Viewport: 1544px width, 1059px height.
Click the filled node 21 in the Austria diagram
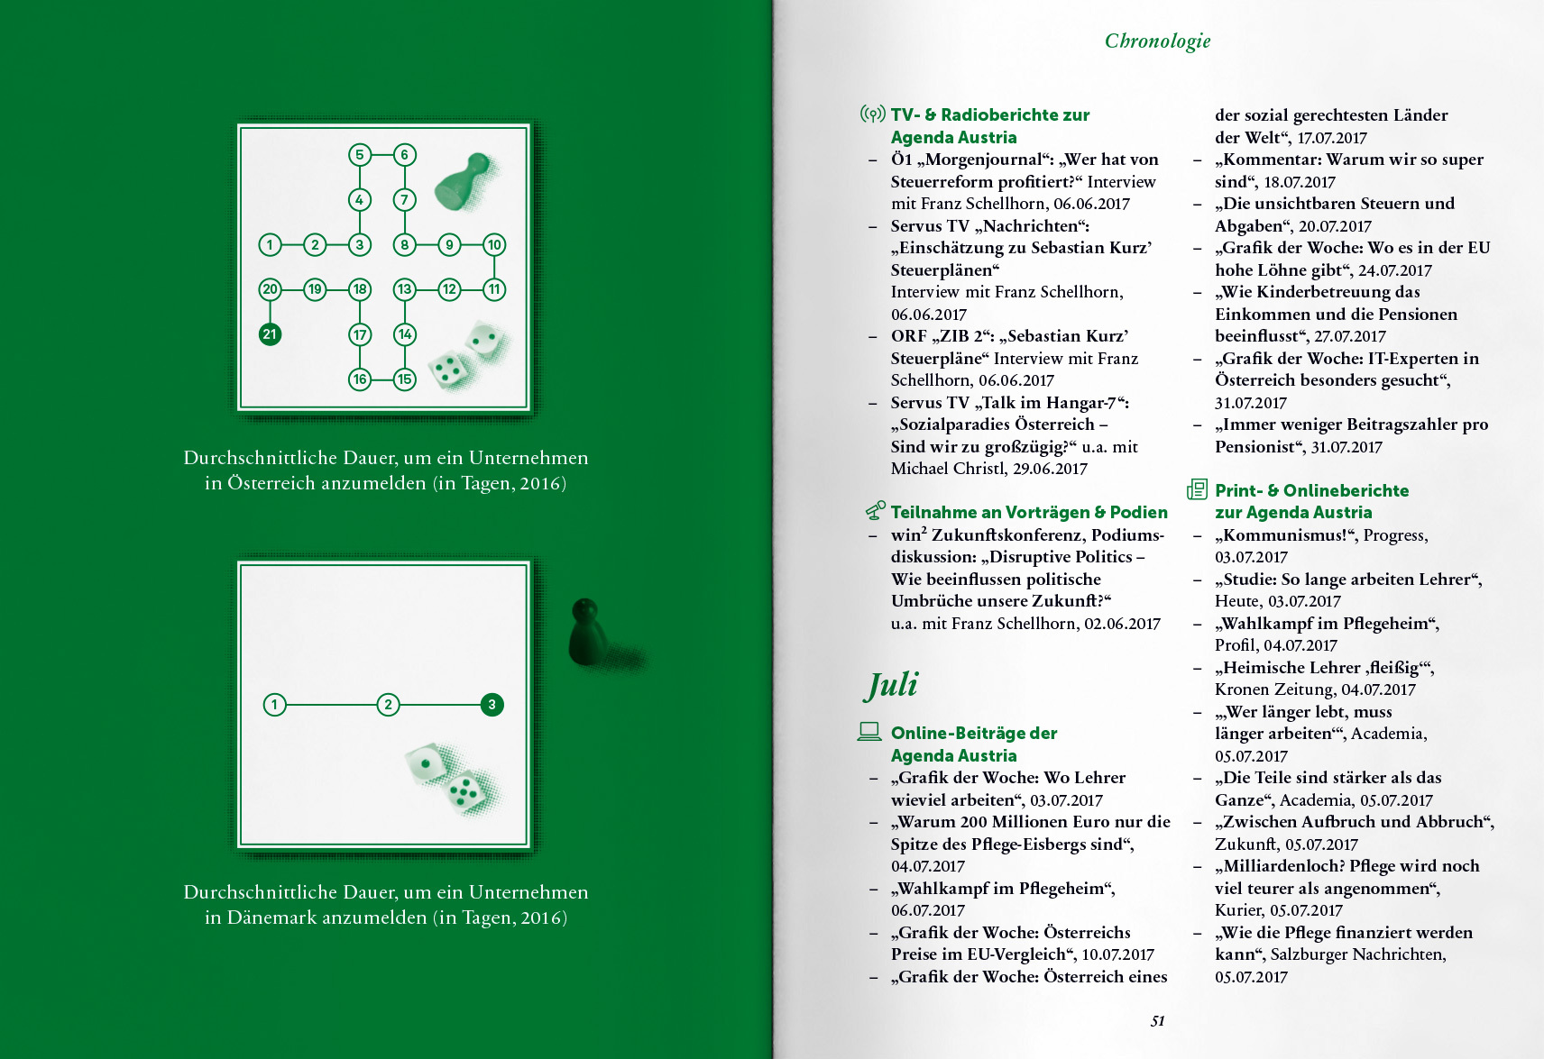click(x=270, y=334)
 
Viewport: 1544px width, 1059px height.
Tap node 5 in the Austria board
click(x=360, y=155)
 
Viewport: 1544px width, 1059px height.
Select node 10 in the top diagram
click(x=494, y=244)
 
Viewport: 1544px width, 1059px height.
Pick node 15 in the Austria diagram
click(x=405, y=379)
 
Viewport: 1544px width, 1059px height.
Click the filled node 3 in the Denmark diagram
click(x=492, y=705)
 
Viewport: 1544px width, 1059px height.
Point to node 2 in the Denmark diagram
click(x=388, y=705)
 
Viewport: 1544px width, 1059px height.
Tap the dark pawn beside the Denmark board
click(x=586, y=632)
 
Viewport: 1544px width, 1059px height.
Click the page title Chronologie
click(x=1157, y=41)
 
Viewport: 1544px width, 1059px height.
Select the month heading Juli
click(x=892, y=684)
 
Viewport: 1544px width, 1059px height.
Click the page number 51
click(x=1158, y=1021)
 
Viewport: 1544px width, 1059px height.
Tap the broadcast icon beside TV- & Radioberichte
click(x=872, y=114)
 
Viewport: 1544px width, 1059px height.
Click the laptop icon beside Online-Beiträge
click(x=869, y=731)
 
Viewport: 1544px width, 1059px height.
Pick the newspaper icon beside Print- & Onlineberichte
click(x=1197, y=489)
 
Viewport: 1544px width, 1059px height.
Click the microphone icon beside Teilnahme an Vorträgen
click(x=875, y=511)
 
